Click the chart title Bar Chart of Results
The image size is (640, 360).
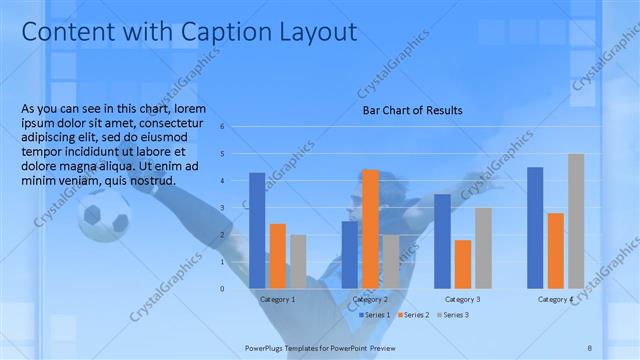412,110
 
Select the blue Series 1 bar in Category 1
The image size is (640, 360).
257,230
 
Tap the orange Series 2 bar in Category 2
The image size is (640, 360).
370,229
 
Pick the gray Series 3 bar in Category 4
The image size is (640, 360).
576,221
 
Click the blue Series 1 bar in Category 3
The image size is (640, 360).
442,241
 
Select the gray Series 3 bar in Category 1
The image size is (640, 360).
298,261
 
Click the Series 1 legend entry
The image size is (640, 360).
374,315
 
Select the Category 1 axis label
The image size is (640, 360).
277,299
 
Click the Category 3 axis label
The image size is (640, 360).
462,299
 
